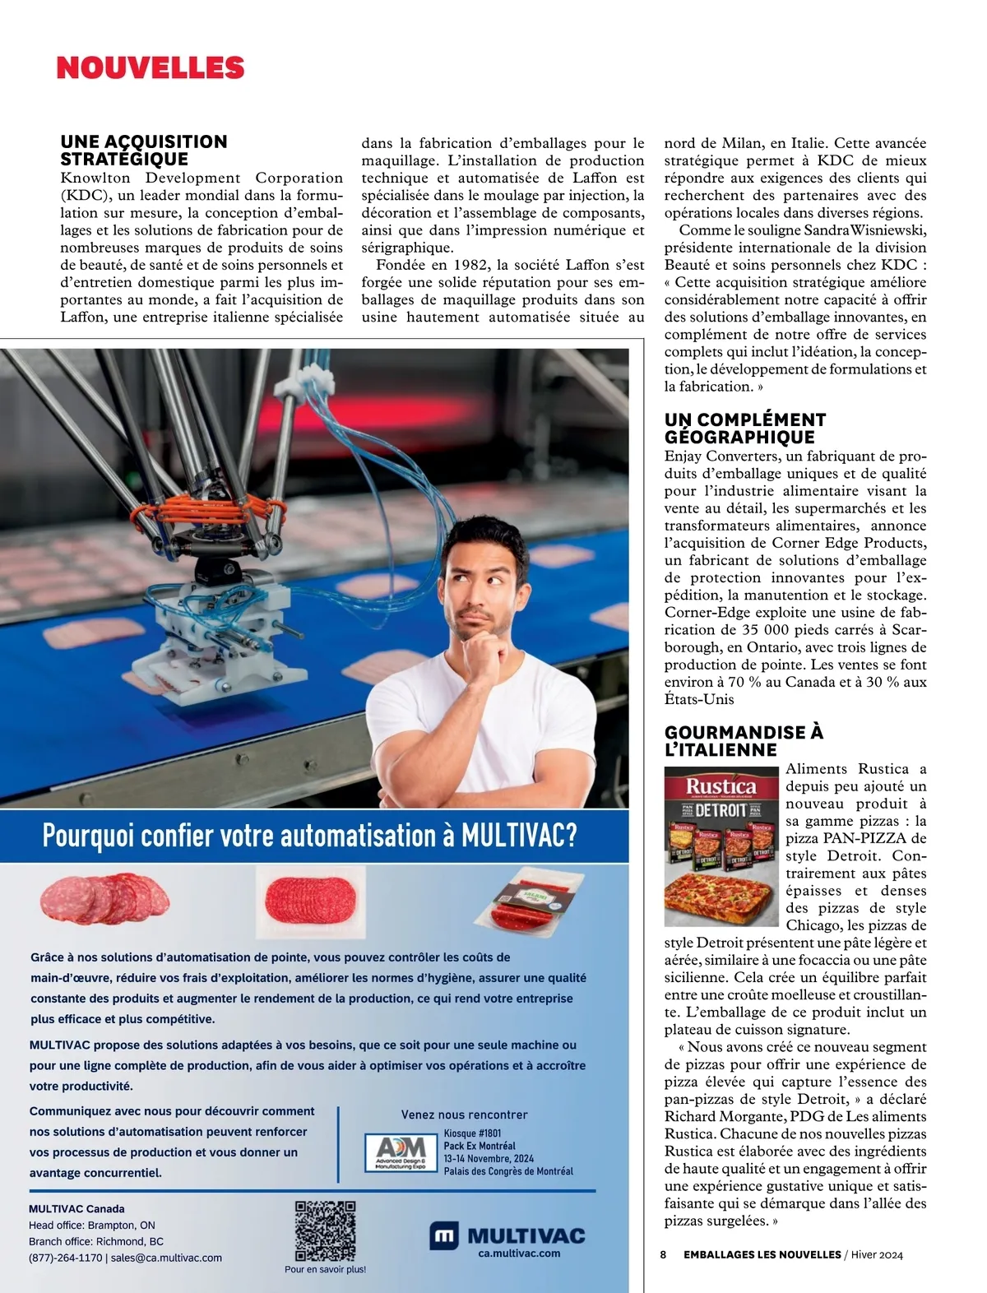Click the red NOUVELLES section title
(151, 67)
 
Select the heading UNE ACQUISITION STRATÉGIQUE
(144, 151)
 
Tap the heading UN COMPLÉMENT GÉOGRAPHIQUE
(745, 429)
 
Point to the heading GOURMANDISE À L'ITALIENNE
(744, 741)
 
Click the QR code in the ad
(326, 1231)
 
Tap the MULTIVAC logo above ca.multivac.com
(507, 1235)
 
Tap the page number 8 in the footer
(663, 1254)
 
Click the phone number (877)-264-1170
(66, 1258)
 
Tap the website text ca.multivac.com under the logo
(519, 1254)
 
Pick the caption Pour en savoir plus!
(326, 1269)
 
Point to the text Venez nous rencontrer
(464, 1115)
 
